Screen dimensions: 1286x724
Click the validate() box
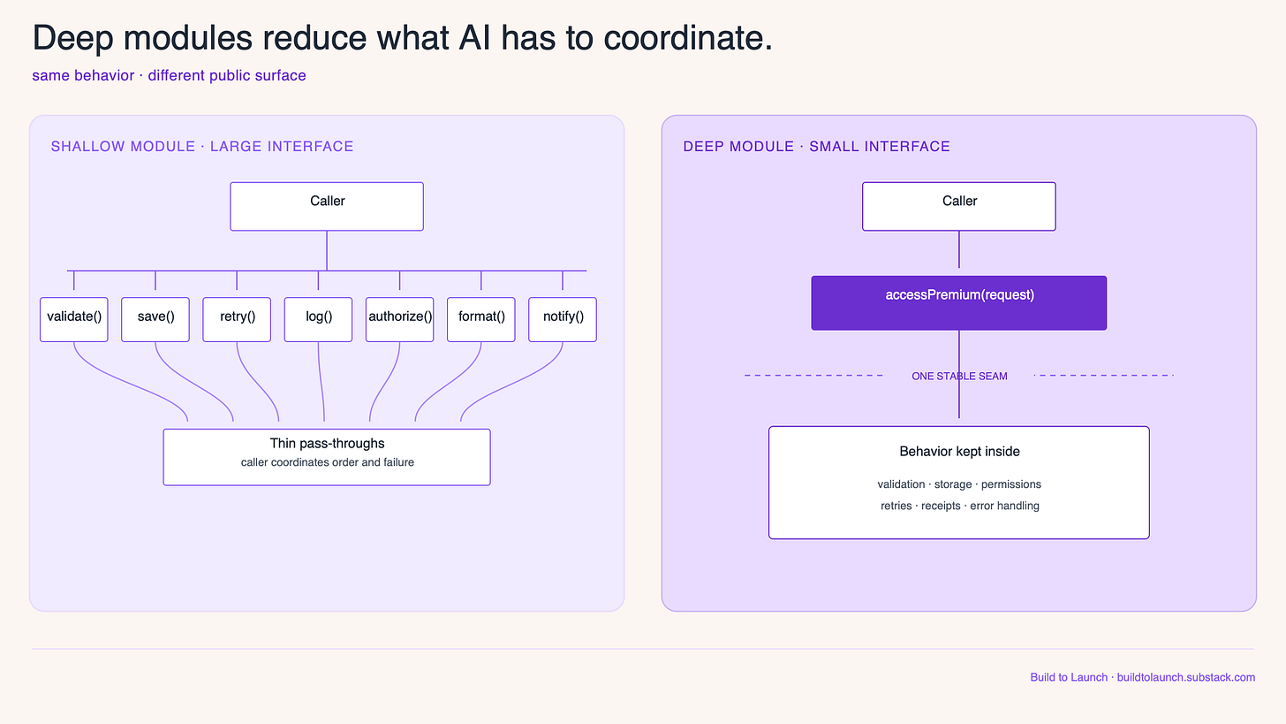(x=74, y=319)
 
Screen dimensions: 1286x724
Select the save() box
(x=155, y=319)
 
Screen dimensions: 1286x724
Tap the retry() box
(x=237, y=319)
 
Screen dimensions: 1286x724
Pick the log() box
(x=319, y=319)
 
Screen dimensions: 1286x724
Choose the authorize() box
(x=400, y=319)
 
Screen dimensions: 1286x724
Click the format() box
(x=481, y=319)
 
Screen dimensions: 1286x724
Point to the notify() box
(x=563, y=319)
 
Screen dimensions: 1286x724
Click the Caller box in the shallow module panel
(x=327, y=206)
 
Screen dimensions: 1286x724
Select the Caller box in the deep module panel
(x=959, y=206)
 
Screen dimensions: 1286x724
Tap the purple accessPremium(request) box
(x=959, y=303)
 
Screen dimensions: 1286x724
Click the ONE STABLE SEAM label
(x=959, y=377)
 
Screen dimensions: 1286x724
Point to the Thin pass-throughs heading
(x=327, y=444)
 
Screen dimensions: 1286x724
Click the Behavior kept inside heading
(x=960, y=452)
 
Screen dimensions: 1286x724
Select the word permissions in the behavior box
(x=1011, y=484)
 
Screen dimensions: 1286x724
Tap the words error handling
(x=1005, y=506)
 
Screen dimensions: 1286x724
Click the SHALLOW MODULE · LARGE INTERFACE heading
(x=202, y=147)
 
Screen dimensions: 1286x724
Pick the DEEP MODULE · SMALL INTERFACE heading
(x=816, y=147)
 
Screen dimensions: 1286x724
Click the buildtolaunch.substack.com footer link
(x=1186, y=677)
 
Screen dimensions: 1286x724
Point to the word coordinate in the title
(x=688, y=39)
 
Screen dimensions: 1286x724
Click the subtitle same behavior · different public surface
(x=169, y=76)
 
